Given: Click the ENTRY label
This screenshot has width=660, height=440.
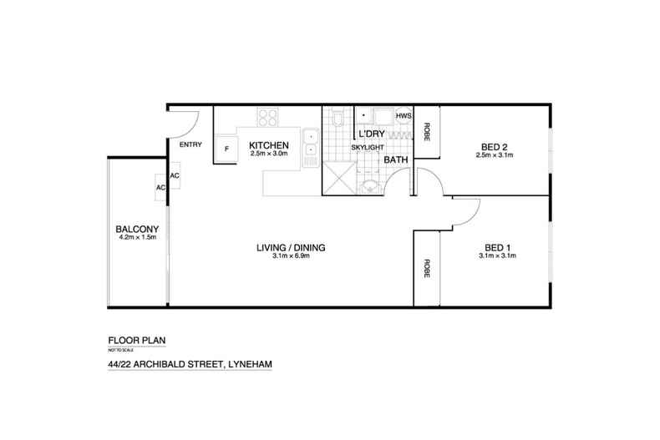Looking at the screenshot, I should (190, 145).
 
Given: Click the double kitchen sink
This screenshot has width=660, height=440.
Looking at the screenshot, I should (310, 144).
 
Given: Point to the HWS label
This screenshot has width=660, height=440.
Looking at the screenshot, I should (403, 115).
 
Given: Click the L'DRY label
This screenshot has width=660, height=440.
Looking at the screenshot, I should (370, 134).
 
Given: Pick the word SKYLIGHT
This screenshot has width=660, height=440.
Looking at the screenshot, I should (367, 147).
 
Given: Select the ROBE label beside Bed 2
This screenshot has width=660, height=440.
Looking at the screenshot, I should (427, 131).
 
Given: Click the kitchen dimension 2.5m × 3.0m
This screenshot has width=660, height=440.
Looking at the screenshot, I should (268, 154).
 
